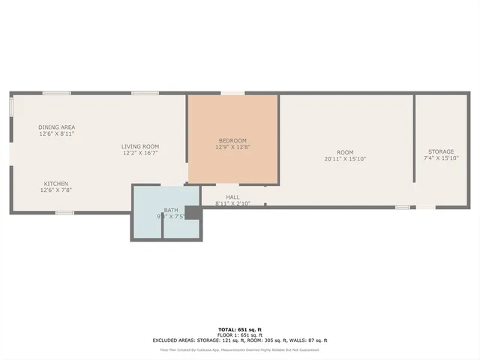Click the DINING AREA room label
tap(57, 127)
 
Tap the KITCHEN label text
tap(56, 184)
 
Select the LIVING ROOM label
tap(141, 146)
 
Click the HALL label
tap(232, 197)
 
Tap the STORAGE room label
tap(441, 152)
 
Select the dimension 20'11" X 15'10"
tap(345, 159)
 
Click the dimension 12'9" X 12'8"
tap(232, 147)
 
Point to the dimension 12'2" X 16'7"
tap(141, 153)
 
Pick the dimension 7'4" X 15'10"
tap(441, 159)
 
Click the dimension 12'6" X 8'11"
tap(57, 134)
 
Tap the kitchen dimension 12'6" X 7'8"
tap(56, 190)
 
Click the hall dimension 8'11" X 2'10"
tap(232, 203)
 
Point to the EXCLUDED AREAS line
tap(240, 340)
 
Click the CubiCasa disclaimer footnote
tap(240, 349)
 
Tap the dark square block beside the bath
tap(193, 214)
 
